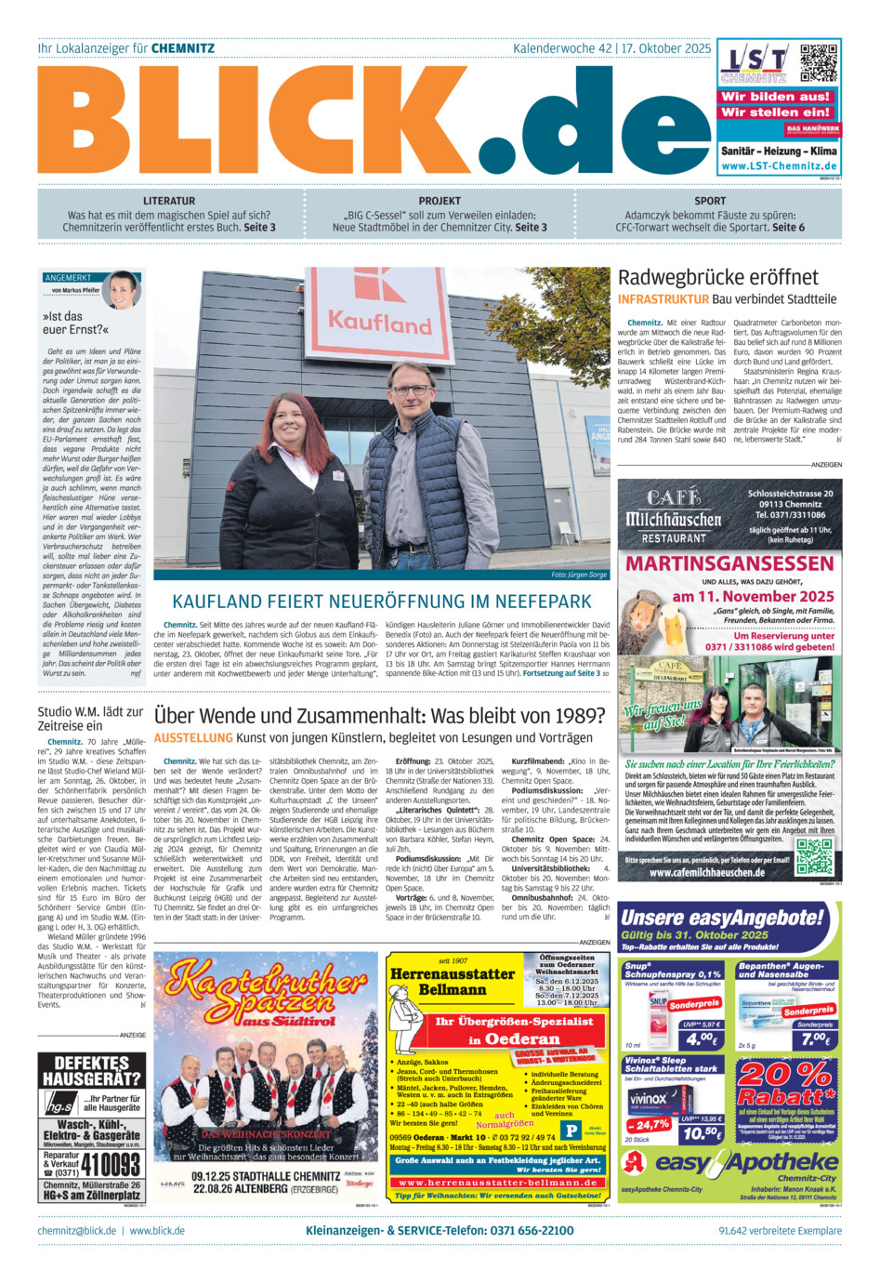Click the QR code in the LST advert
click(819, 61)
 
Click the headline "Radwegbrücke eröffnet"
click(718, 277)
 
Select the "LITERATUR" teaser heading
click(169, 201)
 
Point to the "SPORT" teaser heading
click(710, 201)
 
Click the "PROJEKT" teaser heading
click(440, 201)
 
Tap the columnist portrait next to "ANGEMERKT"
click(123, 290)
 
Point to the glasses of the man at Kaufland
click(410, 384)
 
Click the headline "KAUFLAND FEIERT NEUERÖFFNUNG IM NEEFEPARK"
click(382, 602)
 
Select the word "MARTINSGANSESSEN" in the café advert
click(729, 563)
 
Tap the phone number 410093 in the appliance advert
click(110, 1164)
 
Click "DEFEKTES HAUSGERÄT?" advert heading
click(91, 1071)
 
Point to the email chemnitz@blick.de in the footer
click(77, 1231)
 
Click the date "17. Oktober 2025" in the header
click(666, 48)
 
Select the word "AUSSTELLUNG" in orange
click(192, 737)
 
